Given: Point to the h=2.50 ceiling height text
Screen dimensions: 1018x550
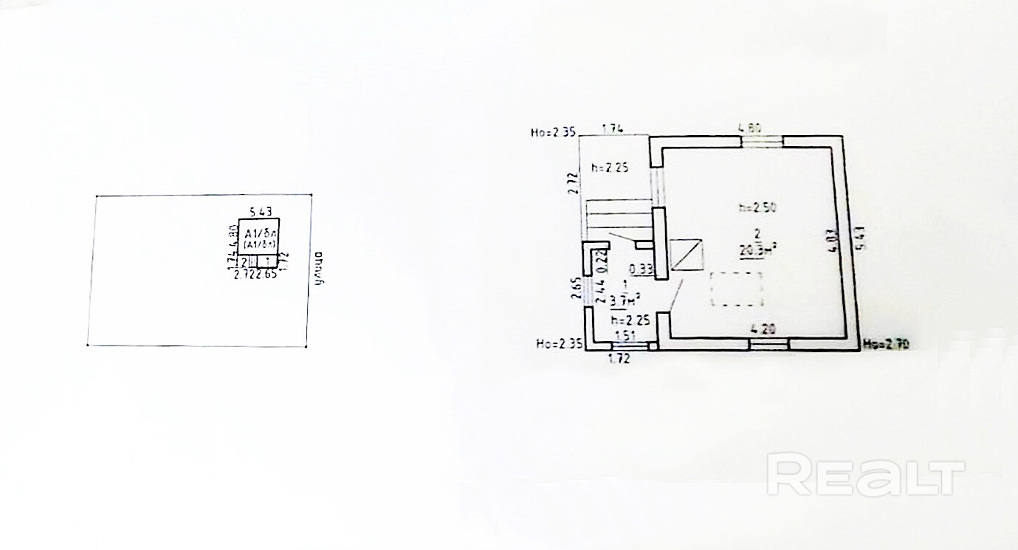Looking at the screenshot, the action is (x=757, y=207).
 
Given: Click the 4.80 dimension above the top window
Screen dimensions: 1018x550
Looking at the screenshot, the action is (x=751, y=128).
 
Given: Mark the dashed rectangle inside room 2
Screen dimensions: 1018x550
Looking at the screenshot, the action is (x=736, y=289).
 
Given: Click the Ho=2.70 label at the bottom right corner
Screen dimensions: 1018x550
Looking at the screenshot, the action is (x=883, y=343).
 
